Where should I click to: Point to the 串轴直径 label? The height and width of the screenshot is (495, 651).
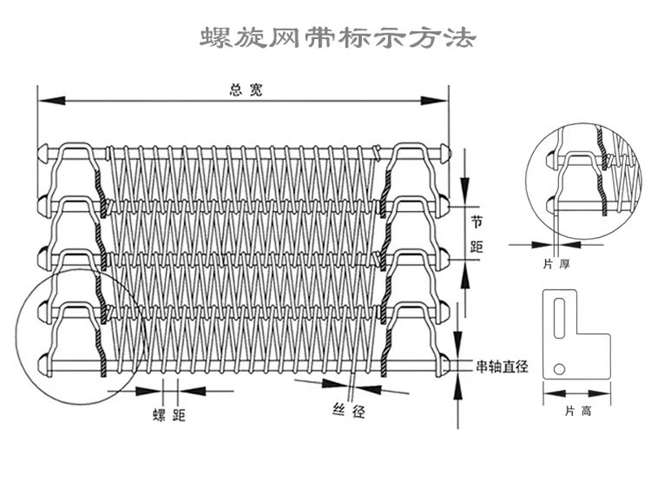click(502, 366)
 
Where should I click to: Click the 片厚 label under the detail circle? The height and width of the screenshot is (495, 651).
click(553, 264)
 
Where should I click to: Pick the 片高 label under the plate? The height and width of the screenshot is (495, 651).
click(575, 411)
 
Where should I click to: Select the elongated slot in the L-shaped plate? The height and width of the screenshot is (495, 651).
click(560, 318)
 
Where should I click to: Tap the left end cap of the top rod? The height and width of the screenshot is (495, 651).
click(43, 151)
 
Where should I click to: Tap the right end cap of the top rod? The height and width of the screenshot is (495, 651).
click(443, 151)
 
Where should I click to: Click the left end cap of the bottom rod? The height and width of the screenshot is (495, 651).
click(43, 360)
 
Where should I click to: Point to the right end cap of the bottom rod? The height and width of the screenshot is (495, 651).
click(443, 361)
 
